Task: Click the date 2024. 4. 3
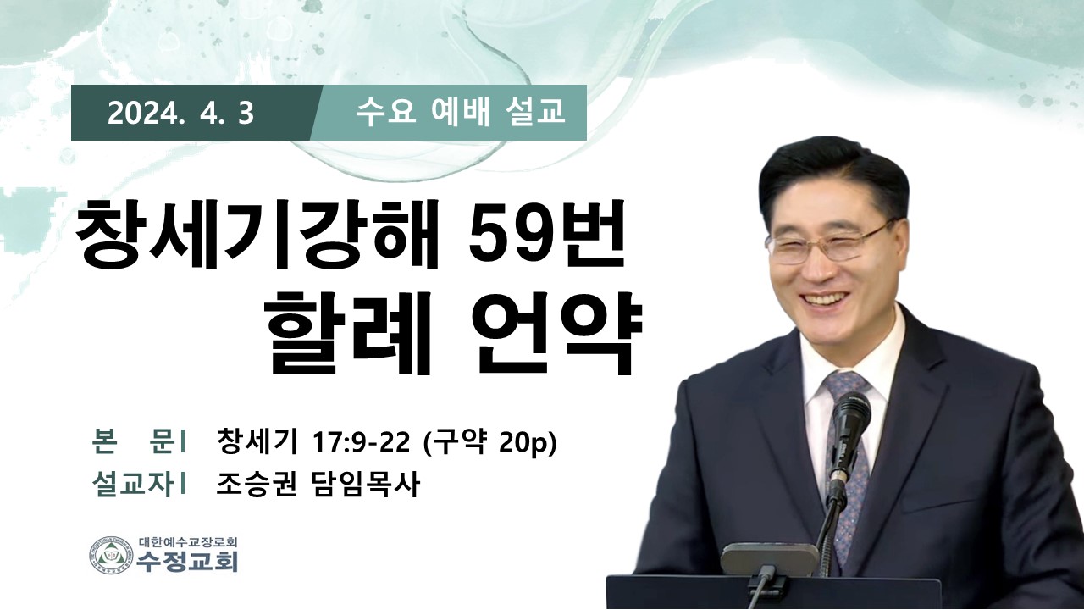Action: [x=180, y=114]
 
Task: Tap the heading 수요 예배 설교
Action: [x=460, y=113]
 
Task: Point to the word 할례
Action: [x=347, y=333]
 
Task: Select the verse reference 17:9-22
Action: [x=361, y=442]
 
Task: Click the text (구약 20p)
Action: [x=489, y=442]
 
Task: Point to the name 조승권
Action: [x=256, y=484]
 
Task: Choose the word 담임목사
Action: [x=363, y=484]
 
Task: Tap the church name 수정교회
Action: [x=187, y=562]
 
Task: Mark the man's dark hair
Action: [x=832, y=175]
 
